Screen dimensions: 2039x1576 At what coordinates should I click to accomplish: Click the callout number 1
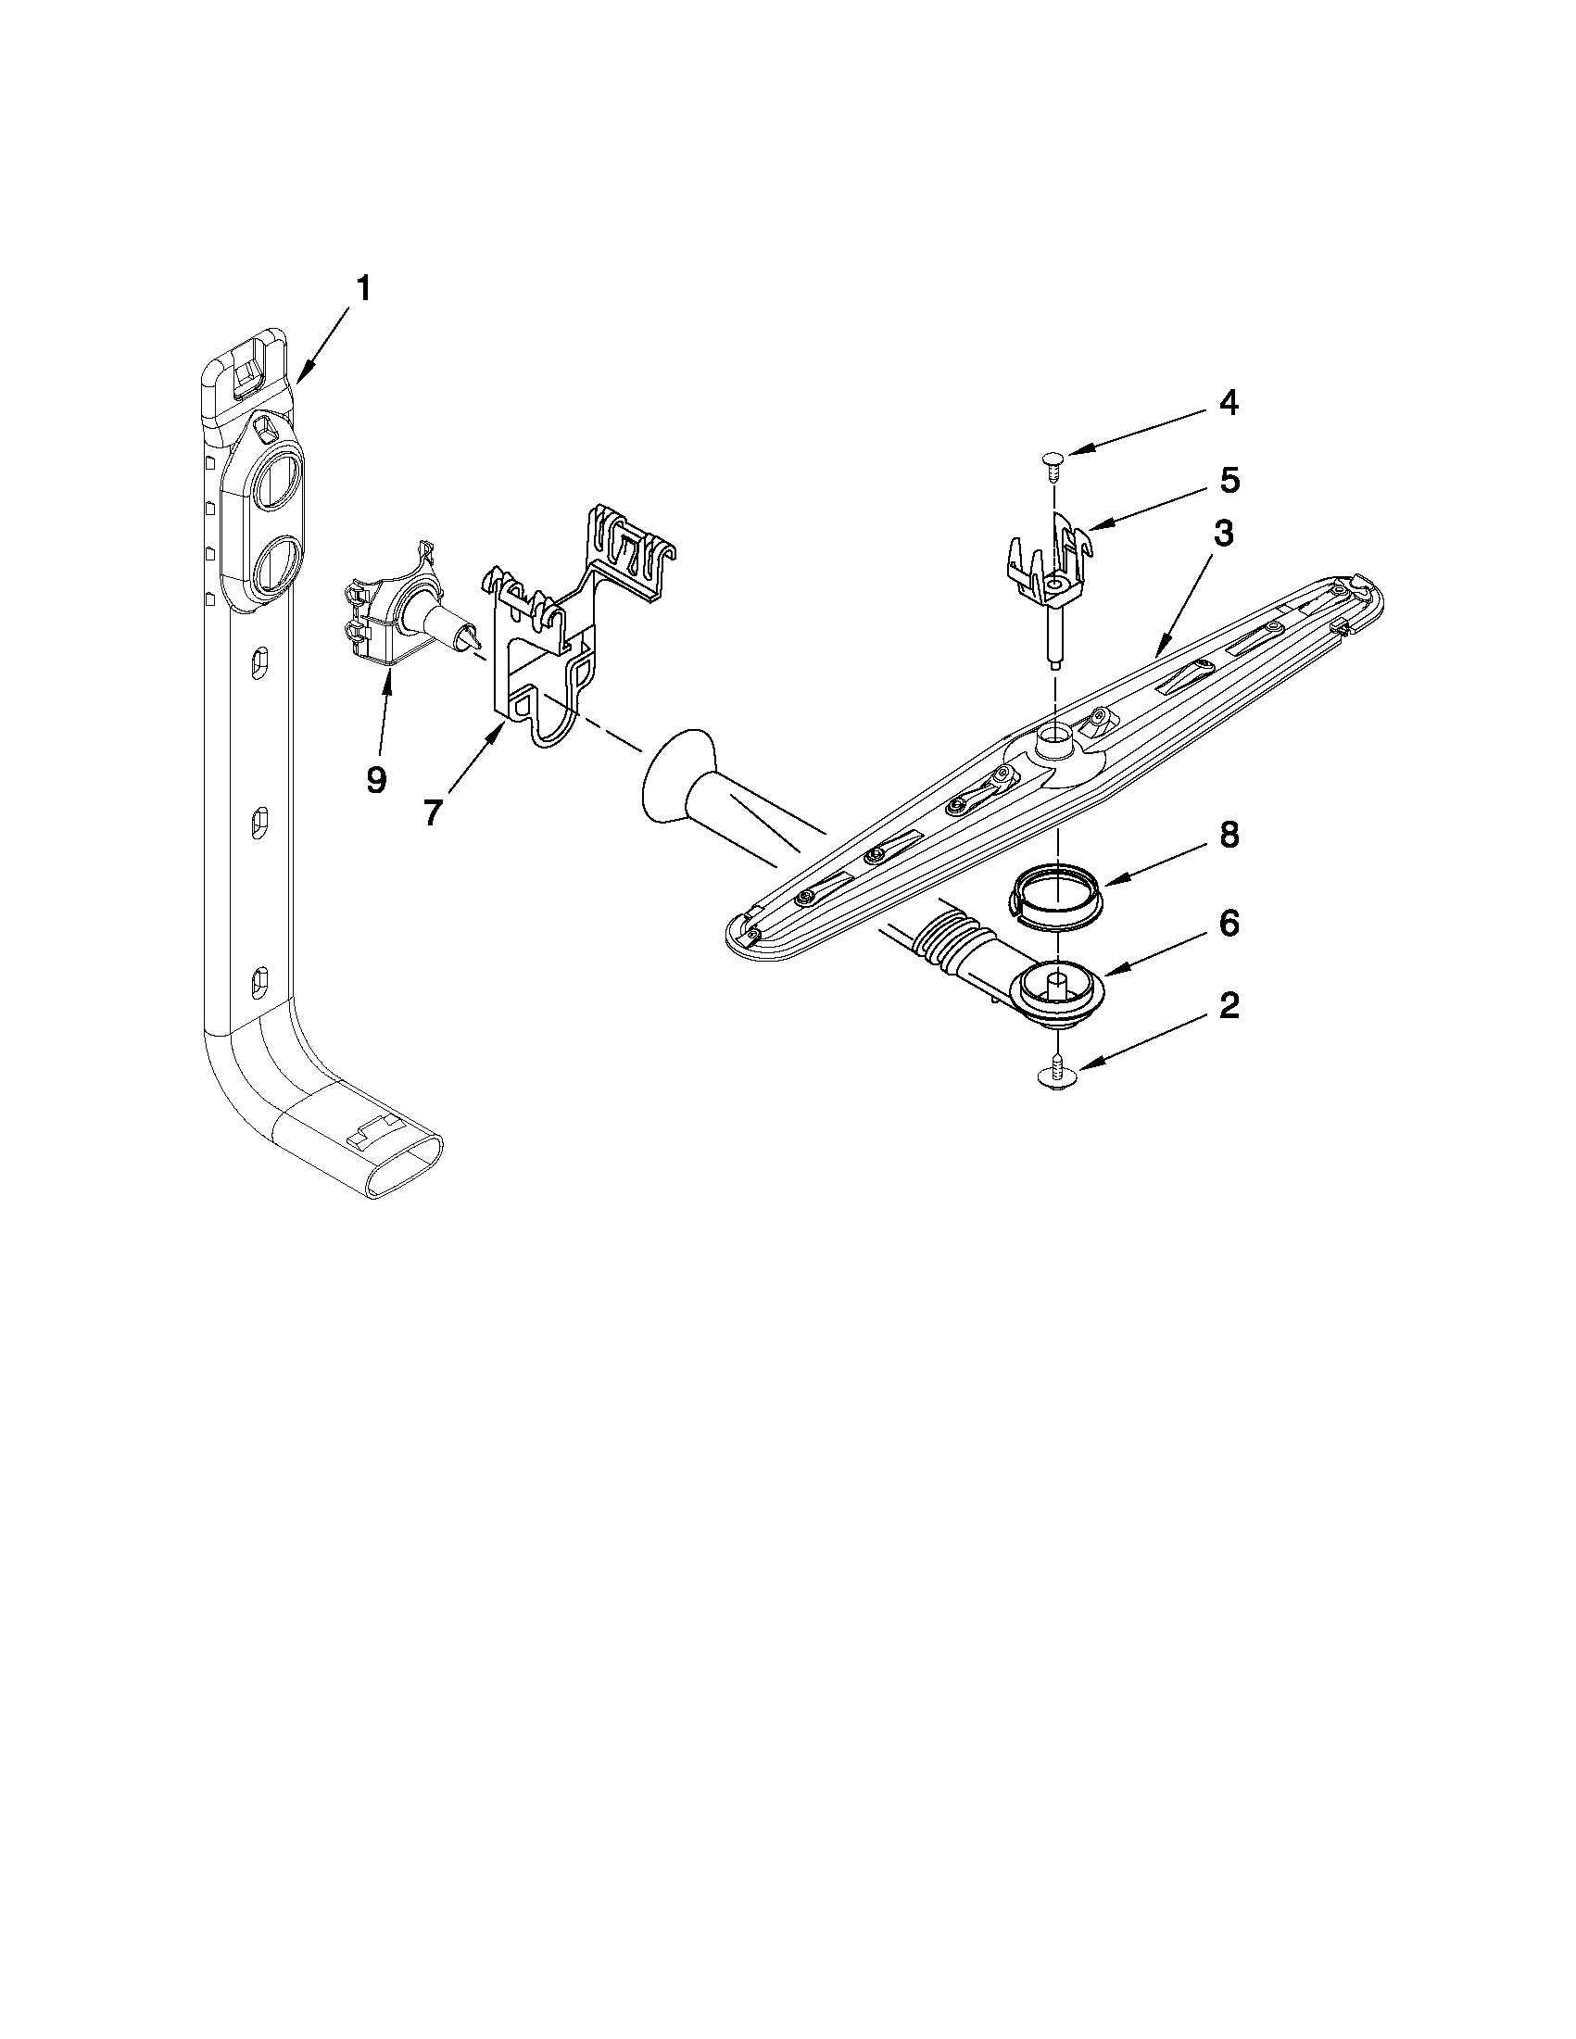[362, 289]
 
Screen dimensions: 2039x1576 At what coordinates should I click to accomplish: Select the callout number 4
[1229, 403]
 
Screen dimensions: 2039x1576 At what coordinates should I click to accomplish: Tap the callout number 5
[1229, 481]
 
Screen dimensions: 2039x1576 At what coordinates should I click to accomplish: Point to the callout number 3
[1224, 535]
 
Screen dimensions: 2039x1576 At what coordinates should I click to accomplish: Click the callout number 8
[1229, 836]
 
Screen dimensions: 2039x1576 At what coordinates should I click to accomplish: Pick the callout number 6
[1229, 924]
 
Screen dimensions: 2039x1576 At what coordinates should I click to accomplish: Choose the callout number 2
[1229, 1006]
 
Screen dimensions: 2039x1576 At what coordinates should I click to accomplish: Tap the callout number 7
[431, 812]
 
